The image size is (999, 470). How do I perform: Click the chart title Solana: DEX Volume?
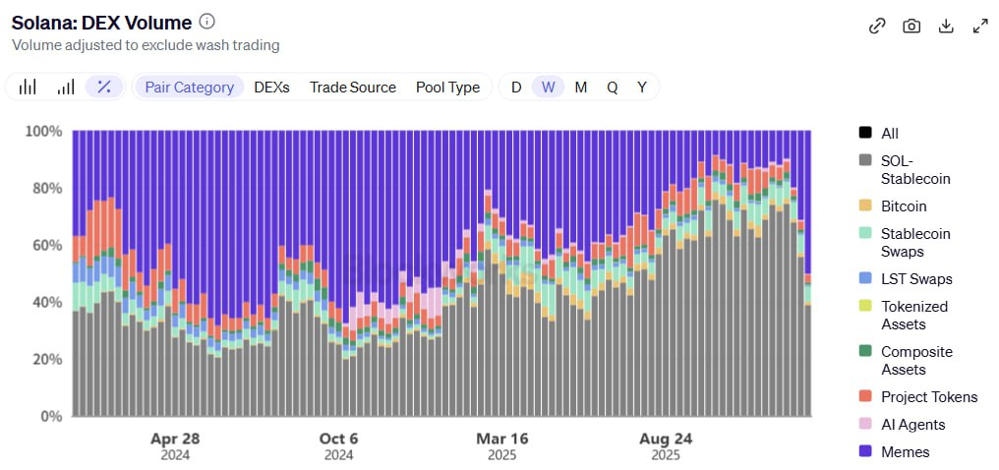tap(100, 22)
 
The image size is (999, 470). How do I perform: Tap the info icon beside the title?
tap(206, 22)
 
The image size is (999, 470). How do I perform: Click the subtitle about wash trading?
tap(146, 45)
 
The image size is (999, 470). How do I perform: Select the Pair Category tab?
tap(189, 87)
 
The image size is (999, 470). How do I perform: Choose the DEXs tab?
tap(271, 87)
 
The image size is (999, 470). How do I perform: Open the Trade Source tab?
tap(352, 87)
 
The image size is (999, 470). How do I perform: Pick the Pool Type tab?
tap(447, 87)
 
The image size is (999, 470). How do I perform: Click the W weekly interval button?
tap(548, 87)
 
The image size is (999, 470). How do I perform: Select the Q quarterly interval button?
tap(612, 87)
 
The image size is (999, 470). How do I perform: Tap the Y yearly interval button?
tap(641, 87)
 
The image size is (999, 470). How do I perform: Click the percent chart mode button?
tap(103, 87)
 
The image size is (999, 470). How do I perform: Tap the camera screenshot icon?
tap(911, 27)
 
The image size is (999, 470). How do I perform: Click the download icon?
tap(946, 27)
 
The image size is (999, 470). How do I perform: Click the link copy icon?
tap(877, 27)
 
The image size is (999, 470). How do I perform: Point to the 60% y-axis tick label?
tap(44, 245)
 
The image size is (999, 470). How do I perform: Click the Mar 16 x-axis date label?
tap(501, 439)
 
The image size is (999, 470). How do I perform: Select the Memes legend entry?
tap(905, 452)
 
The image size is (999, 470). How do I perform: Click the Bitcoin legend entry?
tap(903, 206)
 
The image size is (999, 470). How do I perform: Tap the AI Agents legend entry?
tap(912, 425)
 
